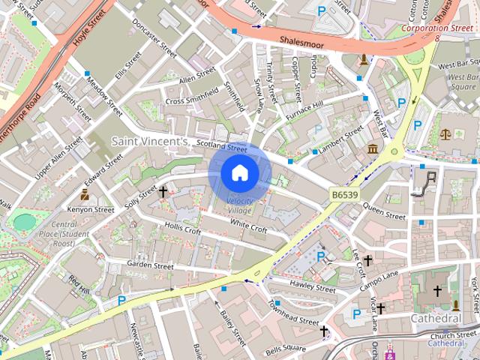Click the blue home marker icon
coord(239,173)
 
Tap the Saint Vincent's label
coord(148,140)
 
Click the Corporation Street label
coord(436,28)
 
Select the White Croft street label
coord(249,224)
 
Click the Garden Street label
coord(150,265)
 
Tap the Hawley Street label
coord(314,286)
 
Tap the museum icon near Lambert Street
coord(373,149)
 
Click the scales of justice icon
coord(445,134)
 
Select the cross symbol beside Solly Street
coord(163,192)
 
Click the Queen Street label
coord(384,214)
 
